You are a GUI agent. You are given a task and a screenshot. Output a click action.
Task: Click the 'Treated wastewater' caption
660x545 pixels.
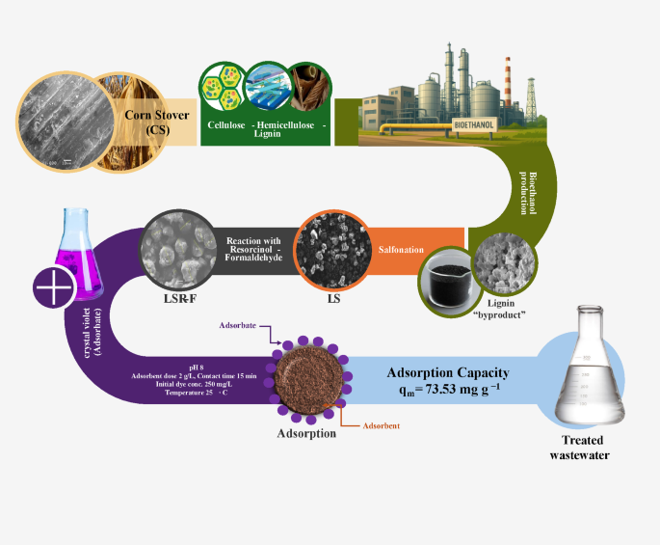581,448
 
